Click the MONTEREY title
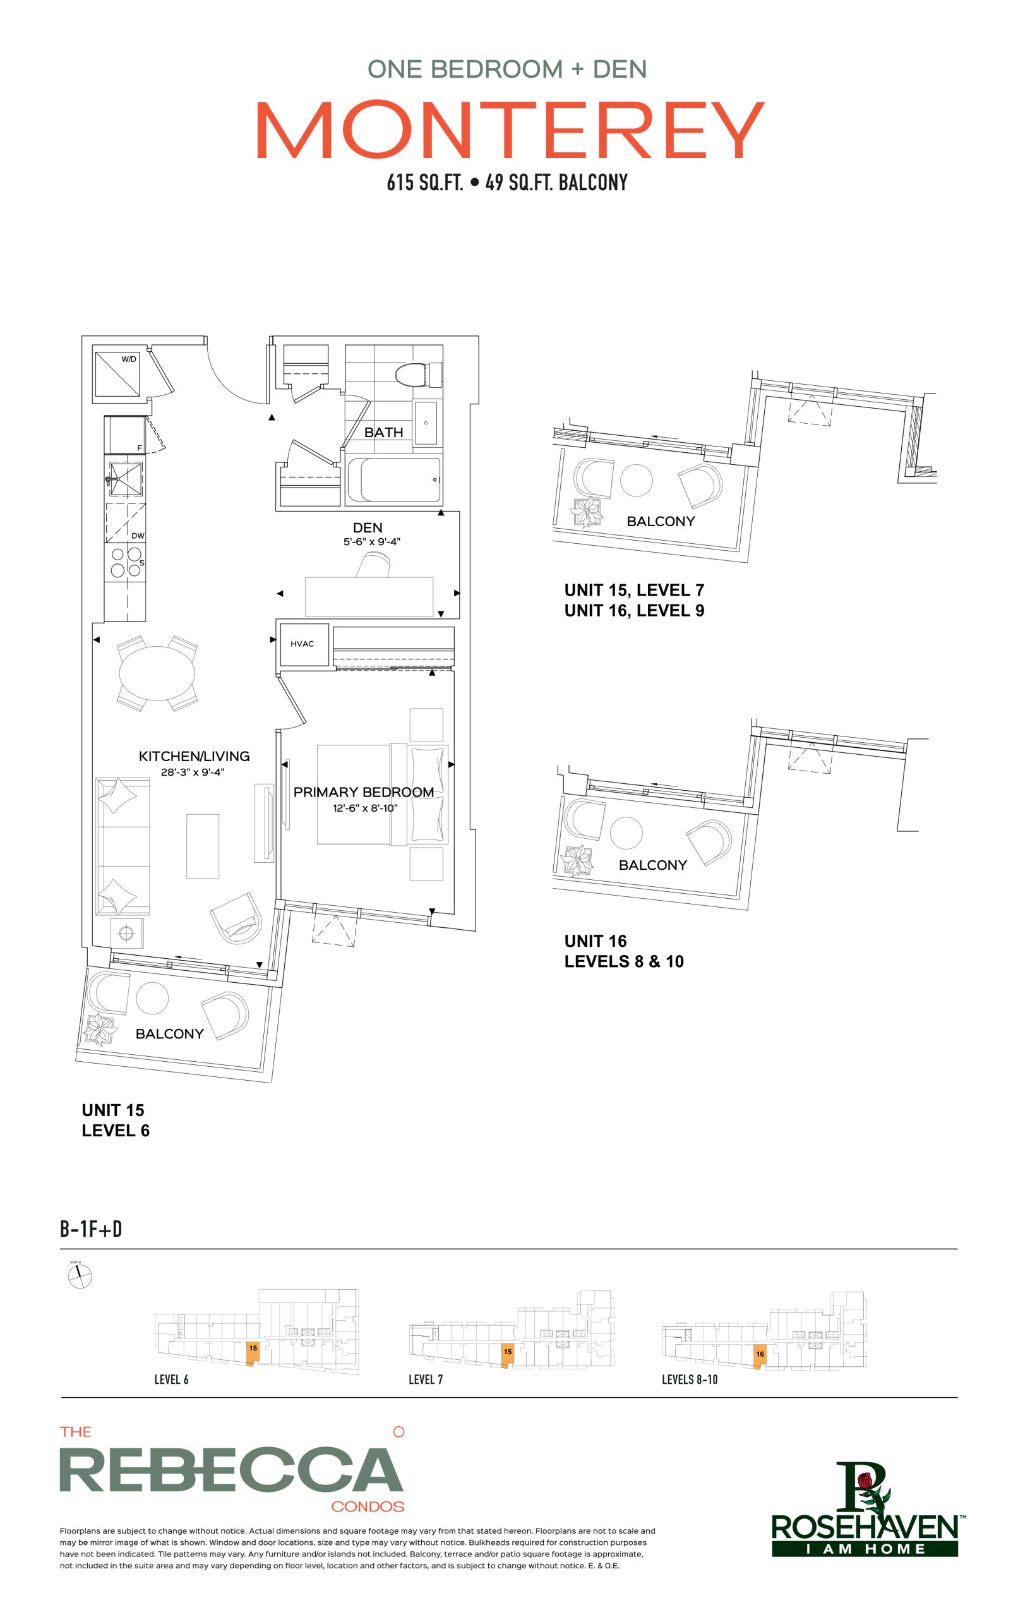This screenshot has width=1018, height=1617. click(510, 129)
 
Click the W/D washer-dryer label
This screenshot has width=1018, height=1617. click(128, 359)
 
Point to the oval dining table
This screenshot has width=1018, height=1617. click(157, 673)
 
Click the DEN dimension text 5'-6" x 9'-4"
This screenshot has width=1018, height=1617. click(372, 541)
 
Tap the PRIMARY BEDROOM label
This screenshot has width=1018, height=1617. click(363, 792)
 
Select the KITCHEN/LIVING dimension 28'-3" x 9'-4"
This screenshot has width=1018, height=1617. click(192, 772)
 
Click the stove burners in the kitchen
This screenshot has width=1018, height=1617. click(126, 563)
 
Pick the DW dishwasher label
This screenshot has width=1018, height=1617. click(138, 536)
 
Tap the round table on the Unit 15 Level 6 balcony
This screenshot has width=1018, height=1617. click(152, 998)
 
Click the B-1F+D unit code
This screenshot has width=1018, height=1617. click(91, 1230)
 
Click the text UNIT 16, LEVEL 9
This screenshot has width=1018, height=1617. click(634, 610)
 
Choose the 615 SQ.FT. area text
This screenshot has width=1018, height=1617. click(425, 182)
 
